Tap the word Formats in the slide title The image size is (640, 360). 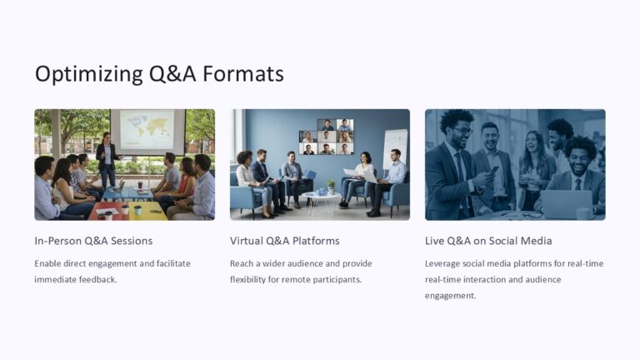(243, 74)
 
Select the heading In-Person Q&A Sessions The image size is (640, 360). (93, 241)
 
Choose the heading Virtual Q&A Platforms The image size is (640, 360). (284, 241)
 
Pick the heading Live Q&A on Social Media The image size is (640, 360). (488, 241)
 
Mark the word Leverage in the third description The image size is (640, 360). (444, 263)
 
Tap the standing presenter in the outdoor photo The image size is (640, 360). (106, 159)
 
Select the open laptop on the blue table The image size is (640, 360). (117, 186)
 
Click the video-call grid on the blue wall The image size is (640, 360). (326, 136)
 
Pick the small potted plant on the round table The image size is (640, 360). (331, 187)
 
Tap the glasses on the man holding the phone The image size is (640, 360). (461, 132)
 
